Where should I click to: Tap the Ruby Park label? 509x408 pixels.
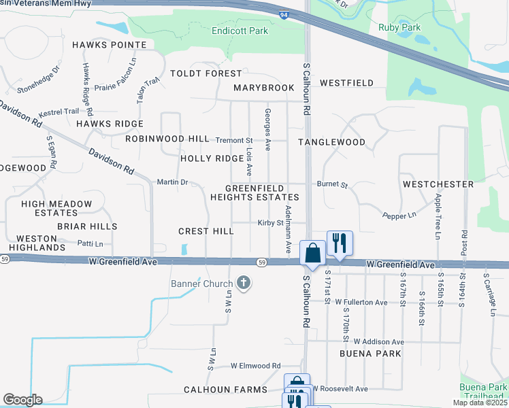point(399,28)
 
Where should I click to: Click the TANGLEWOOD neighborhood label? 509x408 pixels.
point(332,142)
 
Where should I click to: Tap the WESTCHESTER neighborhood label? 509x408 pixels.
point(438,184)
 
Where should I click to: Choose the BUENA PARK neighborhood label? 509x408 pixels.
point(370,354)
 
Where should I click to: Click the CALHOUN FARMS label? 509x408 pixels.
point(225,390)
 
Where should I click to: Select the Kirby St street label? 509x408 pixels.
point(270,222)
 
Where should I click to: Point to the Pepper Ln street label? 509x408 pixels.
point(399,215)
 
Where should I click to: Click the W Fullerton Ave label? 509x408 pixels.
point(361,302)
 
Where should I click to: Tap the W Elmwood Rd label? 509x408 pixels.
point(255,366)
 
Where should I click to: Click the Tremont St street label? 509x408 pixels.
point(233,140)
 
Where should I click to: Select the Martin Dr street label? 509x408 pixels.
point(171,182)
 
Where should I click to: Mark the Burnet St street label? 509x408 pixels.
point(332,184)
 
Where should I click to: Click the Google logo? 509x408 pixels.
point(22,400)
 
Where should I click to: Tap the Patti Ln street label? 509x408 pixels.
point(90,243)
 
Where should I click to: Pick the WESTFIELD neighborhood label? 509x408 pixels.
point(346,83)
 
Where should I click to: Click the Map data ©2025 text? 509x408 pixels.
point(480,403)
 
